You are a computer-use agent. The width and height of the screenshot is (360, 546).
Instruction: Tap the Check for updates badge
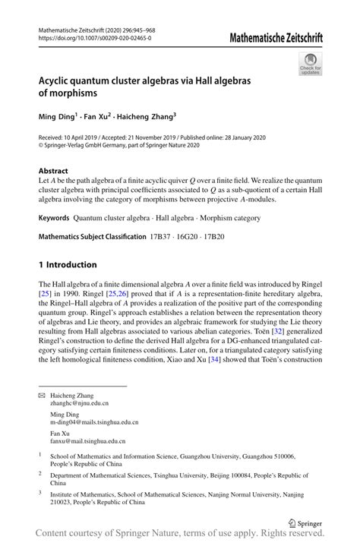pos(309,66)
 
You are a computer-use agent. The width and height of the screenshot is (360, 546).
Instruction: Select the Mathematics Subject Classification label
pos(91,236)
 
